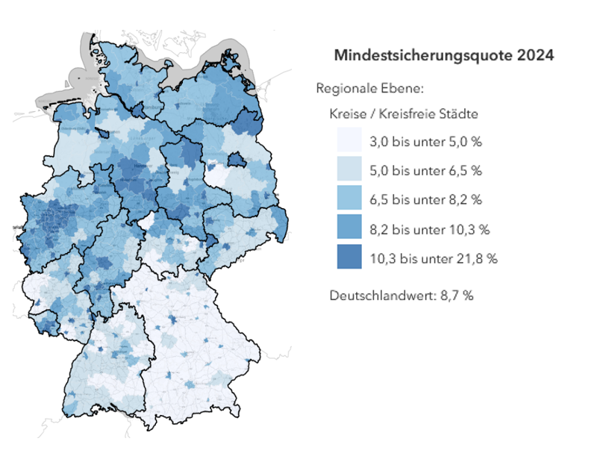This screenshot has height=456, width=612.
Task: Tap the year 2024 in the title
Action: [536, 56]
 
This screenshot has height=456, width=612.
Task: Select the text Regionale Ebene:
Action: [370, 89]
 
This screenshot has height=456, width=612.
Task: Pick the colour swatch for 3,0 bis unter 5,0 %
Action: [349, 141]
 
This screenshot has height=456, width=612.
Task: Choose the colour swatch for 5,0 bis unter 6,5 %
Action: [349, 170]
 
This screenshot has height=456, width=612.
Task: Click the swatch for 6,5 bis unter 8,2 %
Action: [349, 199]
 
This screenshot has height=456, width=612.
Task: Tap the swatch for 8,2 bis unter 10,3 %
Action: [349, 228]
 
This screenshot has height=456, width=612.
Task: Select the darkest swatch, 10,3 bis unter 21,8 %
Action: [349, 257]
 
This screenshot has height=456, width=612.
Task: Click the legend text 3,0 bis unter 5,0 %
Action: [425, 141]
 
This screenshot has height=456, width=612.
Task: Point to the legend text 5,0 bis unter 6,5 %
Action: [425, 170]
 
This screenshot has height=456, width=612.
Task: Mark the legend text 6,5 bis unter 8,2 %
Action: [425, 199]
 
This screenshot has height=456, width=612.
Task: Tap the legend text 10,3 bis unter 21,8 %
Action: [433, 258]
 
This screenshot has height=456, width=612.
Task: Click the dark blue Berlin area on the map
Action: [237, 159]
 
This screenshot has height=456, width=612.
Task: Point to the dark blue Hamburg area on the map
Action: [140, 110]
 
